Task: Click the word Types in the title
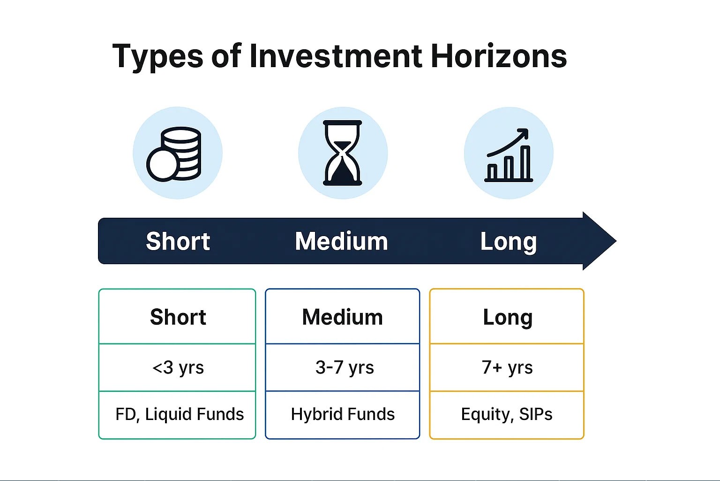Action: (157, 57)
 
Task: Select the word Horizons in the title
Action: (498, 56)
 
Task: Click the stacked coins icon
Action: (174, 153)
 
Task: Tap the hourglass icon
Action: (343, 153)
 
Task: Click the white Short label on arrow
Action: (178, 241)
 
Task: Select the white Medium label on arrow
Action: (341, 241)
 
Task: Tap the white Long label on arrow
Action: (508, 242)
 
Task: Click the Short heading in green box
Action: (178, 317)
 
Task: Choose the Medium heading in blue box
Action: (342, 317)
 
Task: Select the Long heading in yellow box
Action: (507, 317)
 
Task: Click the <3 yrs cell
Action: (178, 367)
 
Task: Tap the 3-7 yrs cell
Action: (344, 367)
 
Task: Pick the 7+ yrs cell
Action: (507, 367)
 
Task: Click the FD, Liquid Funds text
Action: (180, 414)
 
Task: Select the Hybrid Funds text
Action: (343, 414)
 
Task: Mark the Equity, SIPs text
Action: (507, 414)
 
